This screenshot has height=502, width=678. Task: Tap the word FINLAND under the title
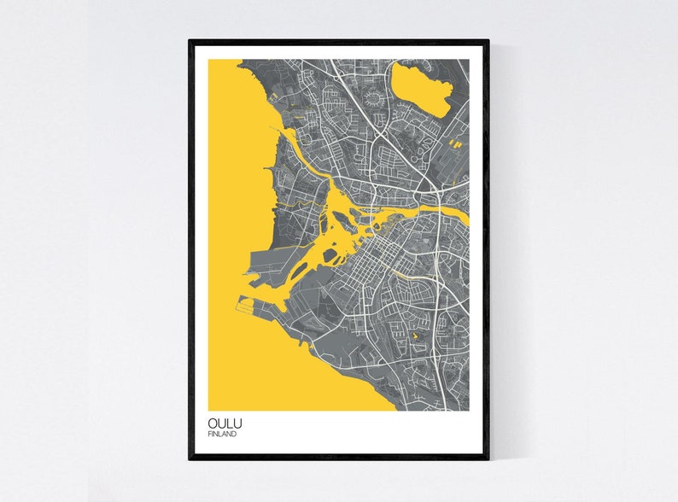[223, 434]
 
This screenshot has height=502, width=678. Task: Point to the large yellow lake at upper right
[419, 90]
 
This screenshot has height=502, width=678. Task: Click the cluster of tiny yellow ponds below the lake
[454, 143]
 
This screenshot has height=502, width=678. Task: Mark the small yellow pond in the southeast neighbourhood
[416, 338]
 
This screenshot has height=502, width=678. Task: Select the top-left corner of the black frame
[190, 40]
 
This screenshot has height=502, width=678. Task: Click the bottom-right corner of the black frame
[488, 458]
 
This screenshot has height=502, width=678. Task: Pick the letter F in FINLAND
[209, 434]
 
